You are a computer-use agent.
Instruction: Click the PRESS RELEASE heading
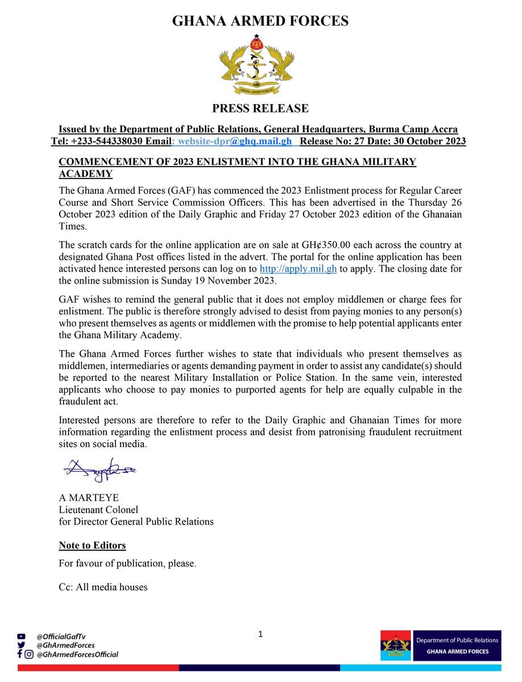click(x=260, y=108)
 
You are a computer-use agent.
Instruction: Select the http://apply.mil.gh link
click(x=298, y=269)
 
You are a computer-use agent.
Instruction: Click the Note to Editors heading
click(x=92, y=546)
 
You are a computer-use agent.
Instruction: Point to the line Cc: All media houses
click(x=103, y=587)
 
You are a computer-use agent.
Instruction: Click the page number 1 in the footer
click(x=260, y=634)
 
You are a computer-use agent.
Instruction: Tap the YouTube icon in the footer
click(x=22, y=637)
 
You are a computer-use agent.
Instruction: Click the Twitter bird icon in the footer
click(x=22, y=645)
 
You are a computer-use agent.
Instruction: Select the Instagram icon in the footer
click(x=28, y=654)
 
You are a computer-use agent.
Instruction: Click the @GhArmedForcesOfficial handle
click(x=77, y=654)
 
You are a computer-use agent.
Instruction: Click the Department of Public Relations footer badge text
click(x=457, y=640)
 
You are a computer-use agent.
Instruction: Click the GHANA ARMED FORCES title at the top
click(x=260, y=22)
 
